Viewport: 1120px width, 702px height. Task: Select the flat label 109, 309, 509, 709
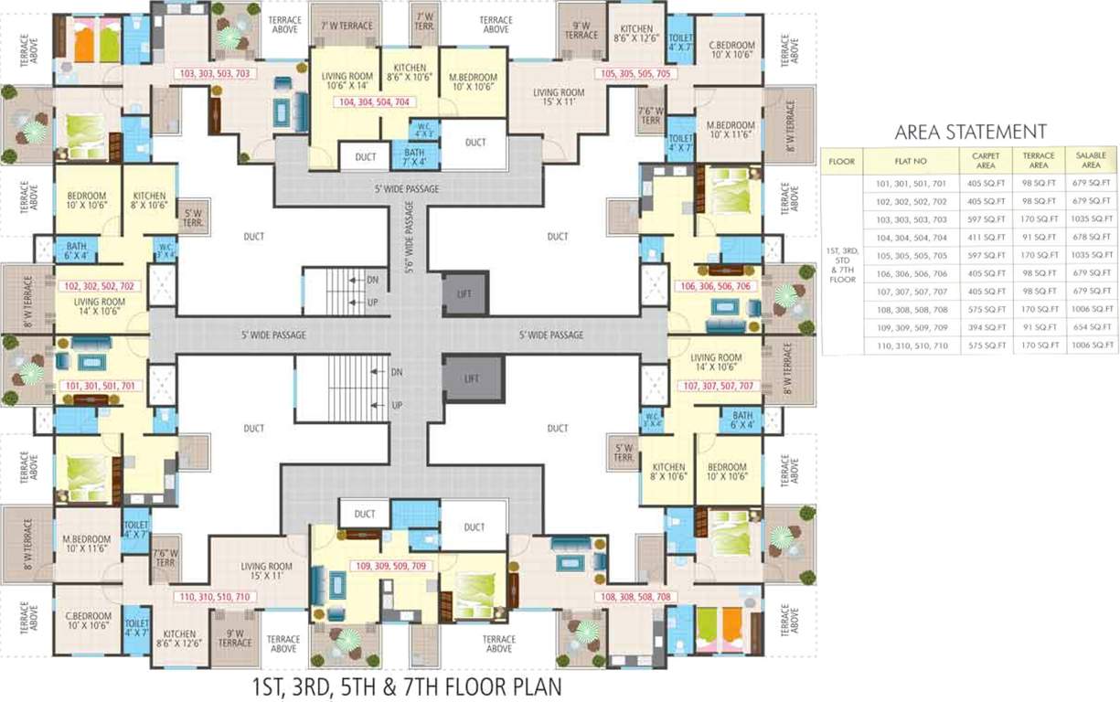[390, 567]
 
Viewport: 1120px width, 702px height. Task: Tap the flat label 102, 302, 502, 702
[100, 286]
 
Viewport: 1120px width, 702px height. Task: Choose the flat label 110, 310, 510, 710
[215, 597]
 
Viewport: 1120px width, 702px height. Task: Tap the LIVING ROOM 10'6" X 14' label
[345, 80]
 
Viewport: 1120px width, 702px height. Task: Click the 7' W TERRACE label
[345, 26]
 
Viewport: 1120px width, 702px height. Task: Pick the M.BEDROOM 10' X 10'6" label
[473, 83]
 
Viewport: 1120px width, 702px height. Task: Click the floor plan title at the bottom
[407, 686]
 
